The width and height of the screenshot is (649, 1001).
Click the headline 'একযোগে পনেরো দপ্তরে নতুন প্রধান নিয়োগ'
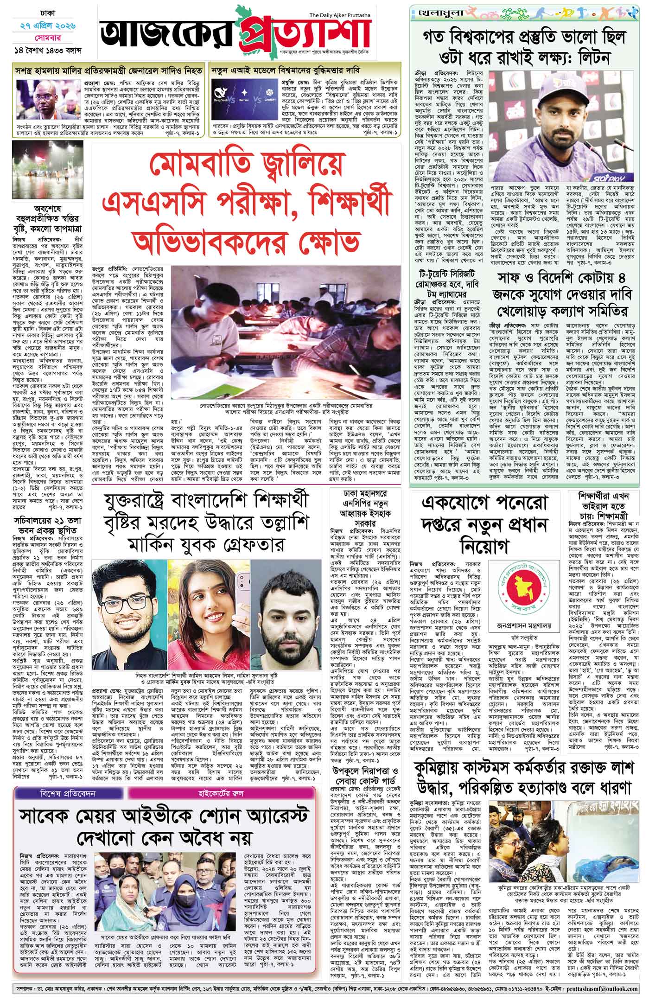[483, 525]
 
